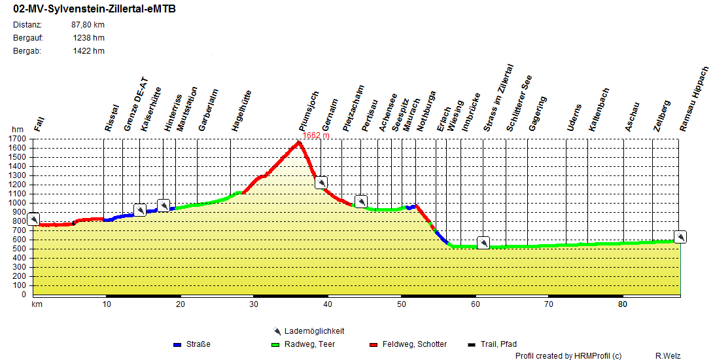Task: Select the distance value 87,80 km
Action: pos(88,25)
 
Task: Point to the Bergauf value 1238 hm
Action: pos(88,38)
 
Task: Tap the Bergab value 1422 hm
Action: pos(88,51)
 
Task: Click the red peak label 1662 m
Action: pos(315,135)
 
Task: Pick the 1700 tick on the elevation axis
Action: pos(18,139)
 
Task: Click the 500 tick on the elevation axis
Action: pos(20,249)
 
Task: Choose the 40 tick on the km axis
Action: pos(327,304)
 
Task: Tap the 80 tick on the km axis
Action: pos(622,304)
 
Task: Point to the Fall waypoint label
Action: pos(39,121)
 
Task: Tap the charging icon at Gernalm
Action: pos(321,183)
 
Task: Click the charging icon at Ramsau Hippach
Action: pos(680,237)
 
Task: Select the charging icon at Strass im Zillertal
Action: pos(483,243)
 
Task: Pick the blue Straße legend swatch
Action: pos(177,344)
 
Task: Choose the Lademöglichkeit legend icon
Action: pos(277,331)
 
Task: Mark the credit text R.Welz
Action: pos(668,355)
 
